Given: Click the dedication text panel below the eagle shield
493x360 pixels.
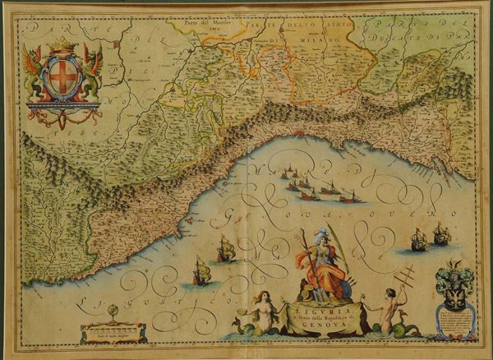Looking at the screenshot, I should point(456,324).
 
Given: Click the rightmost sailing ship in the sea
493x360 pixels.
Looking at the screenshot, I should point(442,235).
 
